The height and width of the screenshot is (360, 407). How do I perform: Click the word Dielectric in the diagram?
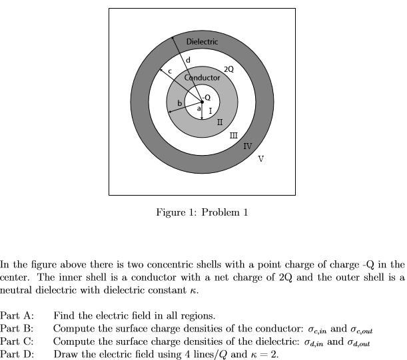click(202, 42)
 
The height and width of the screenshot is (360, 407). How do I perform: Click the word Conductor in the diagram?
click(202, 78)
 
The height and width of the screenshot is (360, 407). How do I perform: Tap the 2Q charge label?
click(228, 69)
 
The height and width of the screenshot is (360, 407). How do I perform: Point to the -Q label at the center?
click(207, 97)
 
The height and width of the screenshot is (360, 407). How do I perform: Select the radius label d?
click(189, 61)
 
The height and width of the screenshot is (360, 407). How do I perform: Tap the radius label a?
click(198, 109)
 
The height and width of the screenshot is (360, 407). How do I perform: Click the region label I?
click(210, 110)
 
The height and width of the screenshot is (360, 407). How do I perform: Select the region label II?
click(219, 122)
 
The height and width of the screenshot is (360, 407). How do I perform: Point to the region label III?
click(233, 136)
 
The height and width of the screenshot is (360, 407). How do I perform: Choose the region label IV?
click(248, 146)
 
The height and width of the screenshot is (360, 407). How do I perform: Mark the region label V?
click(260, 158)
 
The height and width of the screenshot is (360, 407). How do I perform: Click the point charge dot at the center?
click(202, 102)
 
